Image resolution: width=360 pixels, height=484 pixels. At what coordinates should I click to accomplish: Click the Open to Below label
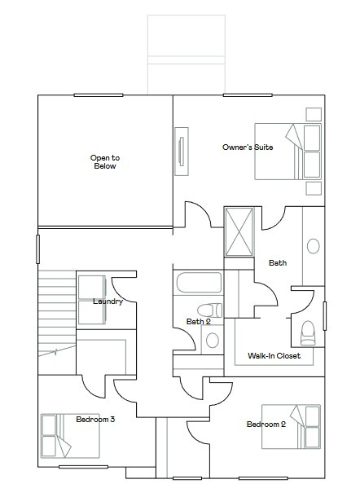(104, 161)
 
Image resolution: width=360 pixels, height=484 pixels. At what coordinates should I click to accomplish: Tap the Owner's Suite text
(248, 147)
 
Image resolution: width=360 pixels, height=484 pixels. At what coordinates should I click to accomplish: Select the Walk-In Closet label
(274, 356)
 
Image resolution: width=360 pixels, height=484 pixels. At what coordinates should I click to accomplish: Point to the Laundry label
(108, 301)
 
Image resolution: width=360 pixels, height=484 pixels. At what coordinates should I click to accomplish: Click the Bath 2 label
(198, 321)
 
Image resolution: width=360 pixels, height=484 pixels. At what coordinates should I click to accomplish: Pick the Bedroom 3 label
(95, 420)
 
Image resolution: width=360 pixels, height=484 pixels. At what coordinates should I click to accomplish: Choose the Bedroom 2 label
(266, 425)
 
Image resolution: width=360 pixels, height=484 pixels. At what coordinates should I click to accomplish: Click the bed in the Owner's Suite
(288, 152)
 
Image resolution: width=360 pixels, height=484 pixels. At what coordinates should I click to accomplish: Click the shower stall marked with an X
(240, 232)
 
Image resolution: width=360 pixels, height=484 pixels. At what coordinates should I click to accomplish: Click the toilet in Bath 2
(209, 310)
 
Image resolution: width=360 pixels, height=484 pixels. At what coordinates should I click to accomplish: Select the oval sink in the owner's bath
(313, 245)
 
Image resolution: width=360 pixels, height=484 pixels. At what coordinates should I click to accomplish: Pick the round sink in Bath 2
(212, 341)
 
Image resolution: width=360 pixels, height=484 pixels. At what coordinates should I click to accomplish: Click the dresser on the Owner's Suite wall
(182, 151)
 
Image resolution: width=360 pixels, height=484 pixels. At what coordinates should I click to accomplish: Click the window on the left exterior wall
(37, 249)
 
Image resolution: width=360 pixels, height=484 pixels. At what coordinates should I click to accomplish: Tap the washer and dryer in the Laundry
(90, 301)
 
